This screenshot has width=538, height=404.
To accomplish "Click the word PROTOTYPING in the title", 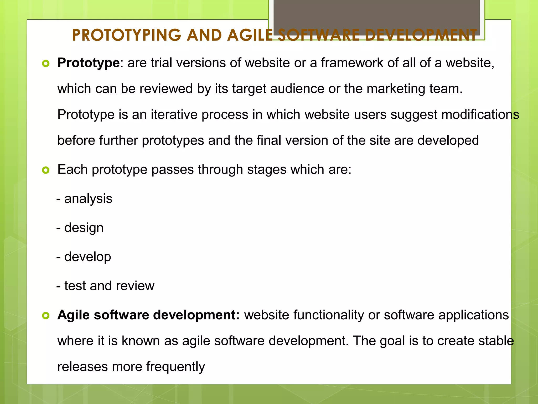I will [126, 35].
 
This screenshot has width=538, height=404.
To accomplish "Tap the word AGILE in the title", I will [250, 35].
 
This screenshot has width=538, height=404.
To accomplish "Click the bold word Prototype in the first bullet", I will [89, 63].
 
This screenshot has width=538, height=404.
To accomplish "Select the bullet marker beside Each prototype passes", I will [46, 170].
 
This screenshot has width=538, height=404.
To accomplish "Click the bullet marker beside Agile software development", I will [46, 316].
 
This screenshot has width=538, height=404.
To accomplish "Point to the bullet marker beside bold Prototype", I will [46, 64].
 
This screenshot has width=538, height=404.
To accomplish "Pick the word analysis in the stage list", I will [88, 199].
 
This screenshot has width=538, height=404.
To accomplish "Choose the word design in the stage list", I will [84, 228].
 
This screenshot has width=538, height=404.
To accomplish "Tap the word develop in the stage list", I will [87, 257].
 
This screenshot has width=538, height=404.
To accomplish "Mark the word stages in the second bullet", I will [267, 170].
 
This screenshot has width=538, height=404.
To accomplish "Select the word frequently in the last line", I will [175, 367].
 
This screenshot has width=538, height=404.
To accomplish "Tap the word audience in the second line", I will [297, 89].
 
